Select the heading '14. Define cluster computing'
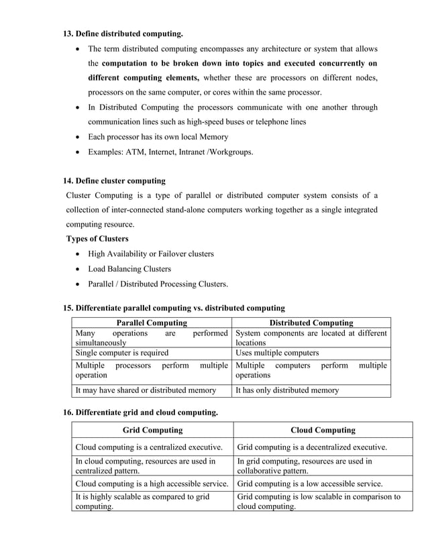coord(114,180)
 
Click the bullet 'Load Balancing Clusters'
coord(129,268)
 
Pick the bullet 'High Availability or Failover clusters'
coord(151,254)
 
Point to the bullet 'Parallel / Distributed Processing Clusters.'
coord(158,283)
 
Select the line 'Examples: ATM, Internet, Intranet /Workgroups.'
coord(171,152)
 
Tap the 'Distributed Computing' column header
coord(311,323)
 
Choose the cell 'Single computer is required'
coord(121,352)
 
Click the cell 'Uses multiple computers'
coord(277,352)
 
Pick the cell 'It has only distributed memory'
coord(287,390)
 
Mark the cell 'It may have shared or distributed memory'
coord(146,390)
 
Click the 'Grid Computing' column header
coord(153,430)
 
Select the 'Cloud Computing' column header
coord(323,430)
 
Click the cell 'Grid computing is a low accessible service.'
coord(310,483)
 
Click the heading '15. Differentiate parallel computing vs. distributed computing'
coord(174,308)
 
